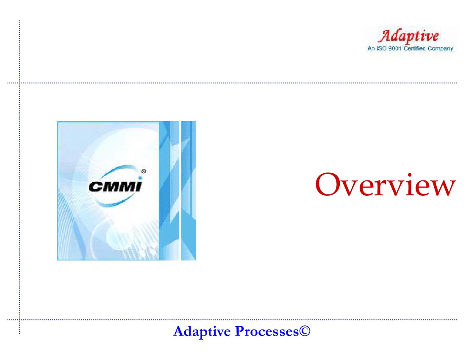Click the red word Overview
[386, 185]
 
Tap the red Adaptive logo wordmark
[408, 36]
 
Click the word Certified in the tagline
[415, 48]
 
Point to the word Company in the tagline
[441, 49]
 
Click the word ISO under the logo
[381, 48]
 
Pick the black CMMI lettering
[115, 186]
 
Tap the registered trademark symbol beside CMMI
[144, 172]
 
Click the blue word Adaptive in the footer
[202, 331]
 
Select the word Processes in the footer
[267, 331]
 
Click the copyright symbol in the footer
[305, 331]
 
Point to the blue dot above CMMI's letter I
[140, 178]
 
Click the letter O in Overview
[328, 184]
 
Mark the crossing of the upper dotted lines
[19, 83]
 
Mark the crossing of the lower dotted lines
[19, 320]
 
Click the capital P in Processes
[239, 331]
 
